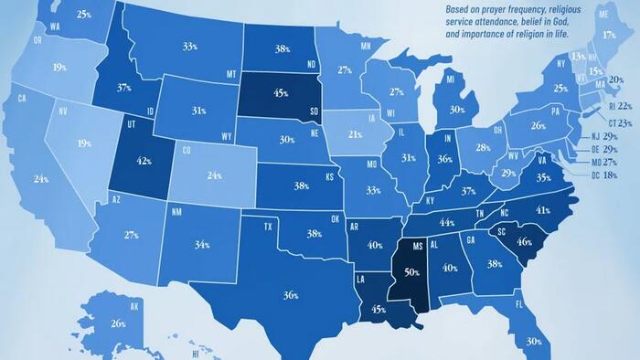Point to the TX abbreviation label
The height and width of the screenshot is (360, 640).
[269, 226]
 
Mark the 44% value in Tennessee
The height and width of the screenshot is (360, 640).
[447, 222]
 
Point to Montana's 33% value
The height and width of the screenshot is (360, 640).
[190, 46]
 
